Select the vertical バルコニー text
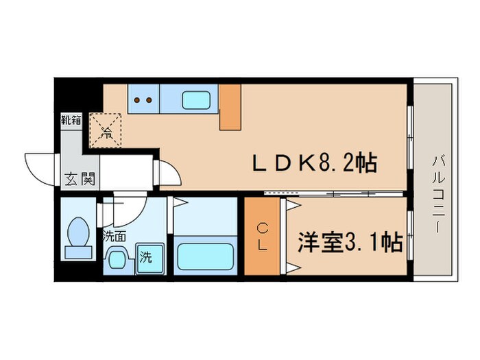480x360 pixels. click(437, 193)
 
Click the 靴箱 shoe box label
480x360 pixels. click(71, 121)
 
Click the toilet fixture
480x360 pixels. click(77, 237)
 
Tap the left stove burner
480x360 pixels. click(136, 100)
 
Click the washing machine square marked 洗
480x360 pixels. click(146, 259)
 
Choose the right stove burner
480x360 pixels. click(148, 100)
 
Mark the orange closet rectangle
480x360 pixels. click(262, 236)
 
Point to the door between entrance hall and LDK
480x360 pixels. click(167, 171)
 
